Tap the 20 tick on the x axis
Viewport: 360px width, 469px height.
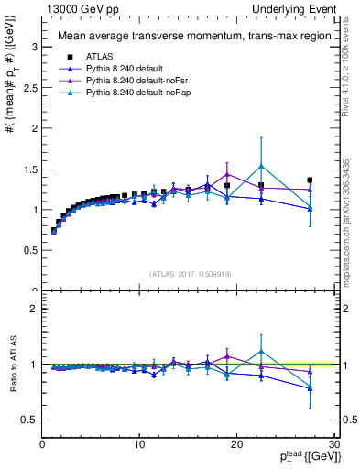click(237, 444)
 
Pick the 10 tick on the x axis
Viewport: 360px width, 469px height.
click(139, 444)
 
